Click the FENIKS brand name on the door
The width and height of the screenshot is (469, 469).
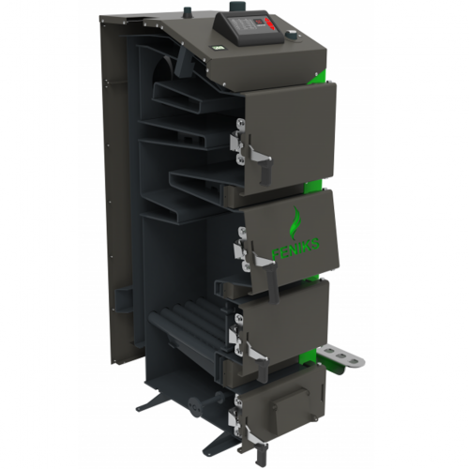click(x=295, y=248)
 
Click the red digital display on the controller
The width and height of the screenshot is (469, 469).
click(x=260, y=23)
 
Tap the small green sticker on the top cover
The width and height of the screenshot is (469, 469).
click(x=216, y=48)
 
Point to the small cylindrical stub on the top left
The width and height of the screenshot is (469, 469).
click(x=188, y=11)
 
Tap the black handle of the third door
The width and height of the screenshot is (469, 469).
click(x=262, y=369)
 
